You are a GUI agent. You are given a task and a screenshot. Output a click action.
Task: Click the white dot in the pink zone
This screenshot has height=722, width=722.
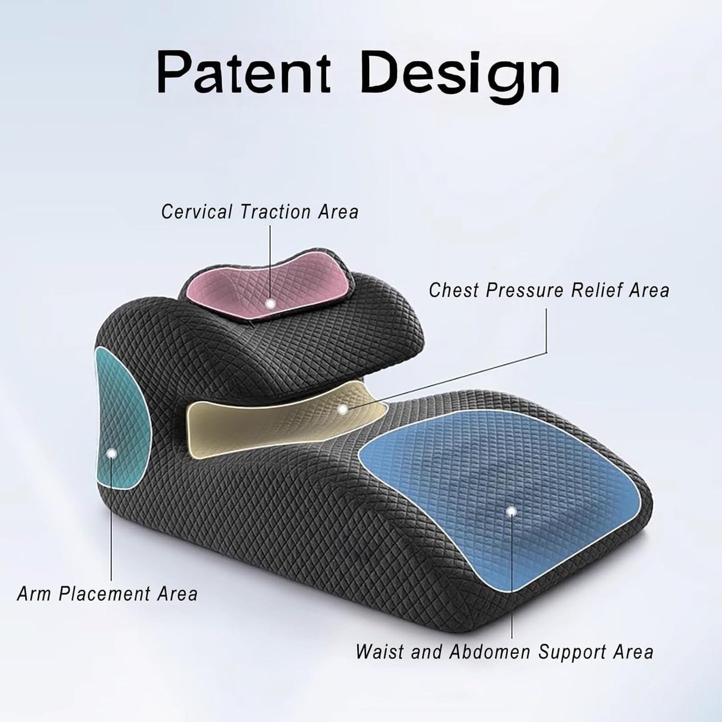coord(270,303)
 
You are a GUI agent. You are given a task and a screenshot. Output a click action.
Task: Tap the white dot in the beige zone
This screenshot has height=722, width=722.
coord(342,409)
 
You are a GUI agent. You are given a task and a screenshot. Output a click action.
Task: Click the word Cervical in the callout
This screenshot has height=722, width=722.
coord(197,211)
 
